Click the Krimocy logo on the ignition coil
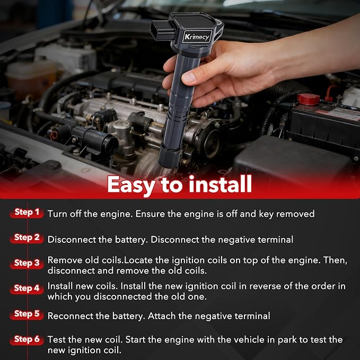[197, 37]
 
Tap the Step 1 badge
[27, 213]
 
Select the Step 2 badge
[27, 238]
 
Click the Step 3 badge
[27, 264]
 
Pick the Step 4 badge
[27, 288]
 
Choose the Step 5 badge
[27, 314]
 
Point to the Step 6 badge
[27, 339]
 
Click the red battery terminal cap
[309, 99]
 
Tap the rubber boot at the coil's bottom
[170, 156]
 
